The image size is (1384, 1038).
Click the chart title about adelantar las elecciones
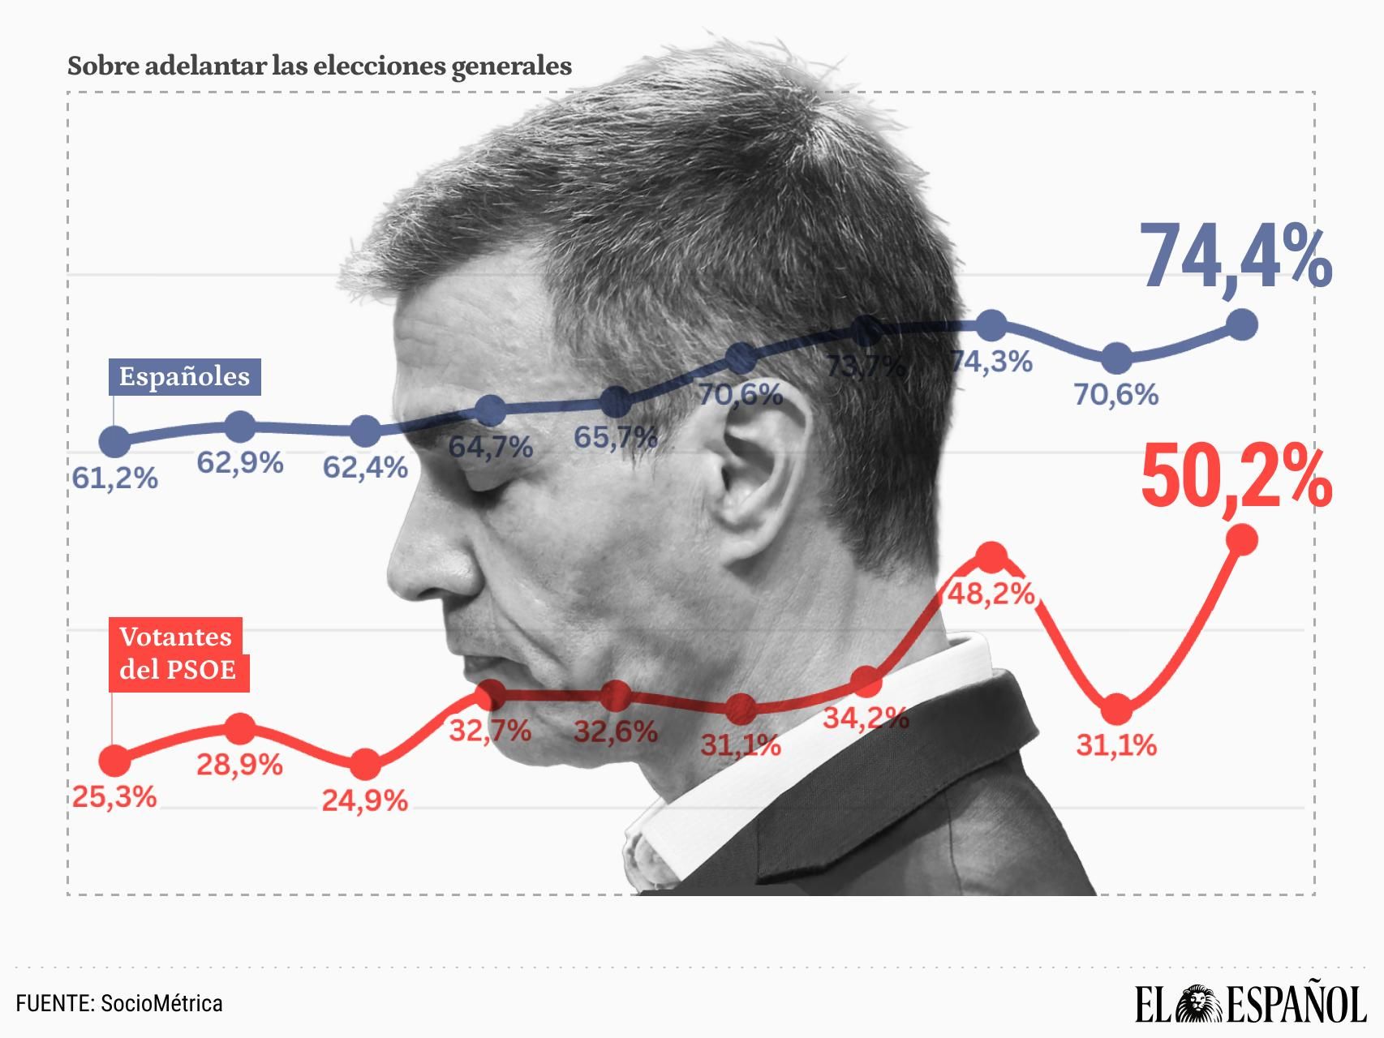pos(320,66)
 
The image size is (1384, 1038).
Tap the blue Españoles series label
pos(185,376)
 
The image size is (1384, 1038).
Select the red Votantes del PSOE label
pos(178,654)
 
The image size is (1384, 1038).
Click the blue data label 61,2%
pos(114,478)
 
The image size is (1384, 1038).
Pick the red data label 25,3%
pos(114,796)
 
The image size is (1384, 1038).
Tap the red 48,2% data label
pos(991,594)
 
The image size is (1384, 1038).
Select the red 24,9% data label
pos(365,801)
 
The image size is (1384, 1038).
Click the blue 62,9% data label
pos(240,463)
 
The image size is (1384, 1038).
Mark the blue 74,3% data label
pos(991,362)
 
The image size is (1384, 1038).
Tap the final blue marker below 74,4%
pos(1242,325)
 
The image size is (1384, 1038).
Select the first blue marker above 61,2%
pos(114,441)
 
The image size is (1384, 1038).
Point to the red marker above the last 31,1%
pos(1117,709)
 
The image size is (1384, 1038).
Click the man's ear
pos(759,470)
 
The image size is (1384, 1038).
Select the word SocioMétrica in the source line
pos(161,1003)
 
